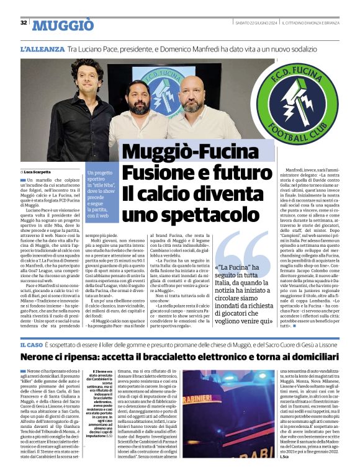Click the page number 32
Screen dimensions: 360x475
pyautogui.click(x=23, y=23)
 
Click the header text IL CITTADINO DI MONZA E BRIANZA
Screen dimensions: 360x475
pyautogui.click(x=309, y=23)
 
